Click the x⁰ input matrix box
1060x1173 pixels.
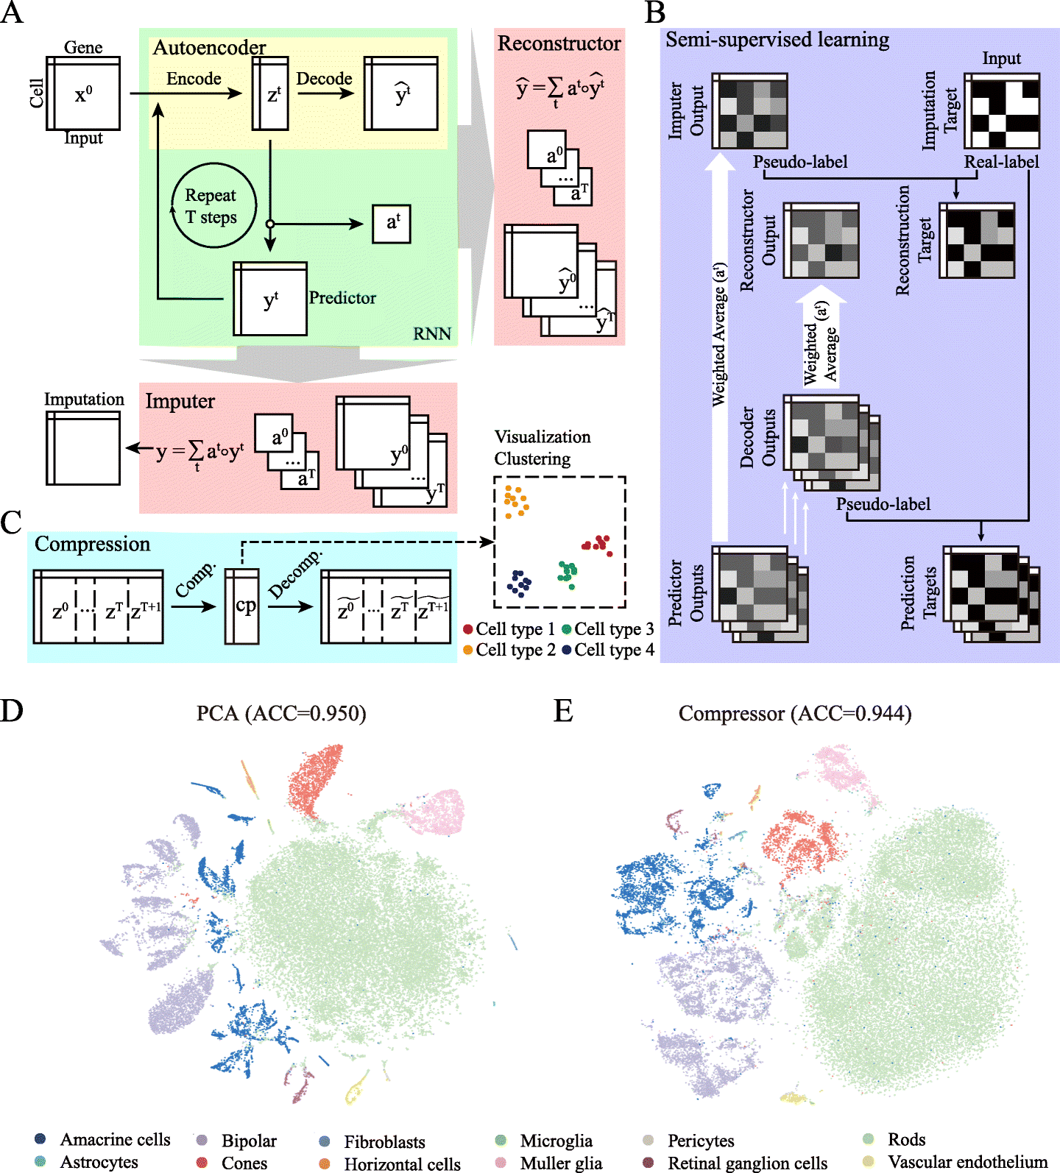83,93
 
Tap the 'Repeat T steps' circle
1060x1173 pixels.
213,205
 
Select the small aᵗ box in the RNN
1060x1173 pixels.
392,224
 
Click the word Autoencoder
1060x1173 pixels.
209,48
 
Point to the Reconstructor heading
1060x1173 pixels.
559,43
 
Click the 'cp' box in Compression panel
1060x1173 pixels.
242,606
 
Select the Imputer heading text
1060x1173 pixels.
180,401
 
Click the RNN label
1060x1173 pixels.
431,333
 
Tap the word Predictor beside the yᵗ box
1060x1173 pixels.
342,297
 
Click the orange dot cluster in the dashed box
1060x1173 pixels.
515,501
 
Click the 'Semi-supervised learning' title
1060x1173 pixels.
777,40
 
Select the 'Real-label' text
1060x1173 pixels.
1001,162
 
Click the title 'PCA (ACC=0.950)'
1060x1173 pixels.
281,713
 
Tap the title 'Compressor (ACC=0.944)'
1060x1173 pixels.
794,713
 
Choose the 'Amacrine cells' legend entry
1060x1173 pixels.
102,1139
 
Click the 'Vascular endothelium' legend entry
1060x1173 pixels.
957,1162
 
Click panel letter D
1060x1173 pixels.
12,711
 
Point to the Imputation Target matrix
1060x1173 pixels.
1001,111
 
